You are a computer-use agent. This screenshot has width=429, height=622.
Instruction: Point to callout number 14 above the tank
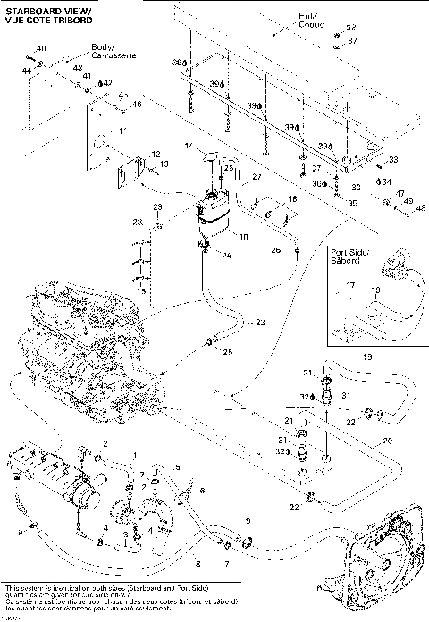189,145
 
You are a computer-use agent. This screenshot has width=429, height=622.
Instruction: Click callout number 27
256,177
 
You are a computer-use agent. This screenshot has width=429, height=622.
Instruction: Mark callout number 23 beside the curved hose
260,322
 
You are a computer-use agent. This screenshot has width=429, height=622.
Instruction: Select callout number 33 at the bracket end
391,160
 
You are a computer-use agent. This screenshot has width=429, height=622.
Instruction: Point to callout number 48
422,207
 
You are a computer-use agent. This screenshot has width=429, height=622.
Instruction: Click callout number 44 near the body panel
27,70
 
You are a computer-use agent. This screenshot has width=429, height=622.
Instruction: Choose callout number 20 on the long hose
386,441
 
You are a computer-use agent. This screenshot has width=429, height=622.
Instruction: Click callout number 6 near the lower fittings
202,491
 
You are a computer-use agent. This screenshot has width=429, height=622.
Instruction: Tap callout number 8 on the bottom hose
198,564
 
